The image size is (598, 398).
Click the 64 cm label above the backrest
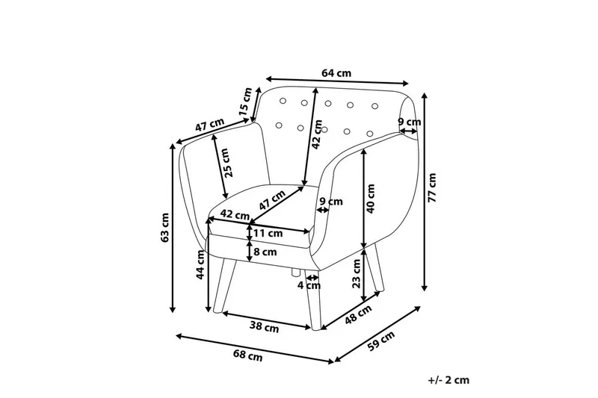pos(336,73)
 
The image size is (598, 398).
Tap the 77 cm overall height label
pos(432,187)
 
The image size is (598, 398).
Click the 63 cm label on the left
pos(166,228)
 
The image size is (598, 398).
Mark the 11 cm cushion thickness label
pos(268,233)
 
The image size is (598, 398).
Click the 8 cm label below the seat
pos(266,252)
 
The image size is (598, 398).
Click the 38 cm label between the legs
pos(265,326)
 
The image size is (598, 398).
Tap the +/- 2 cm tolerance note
pos(449,380)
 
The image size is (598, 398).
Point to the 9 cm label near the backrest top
pos(409,122)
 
